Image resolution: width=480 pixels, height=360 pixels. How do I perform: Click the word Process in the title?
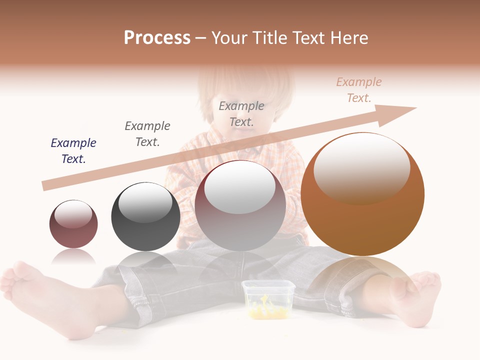pos(157,38)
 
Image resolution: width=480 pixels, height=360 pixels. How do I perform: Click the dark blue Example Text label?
pos(73,151)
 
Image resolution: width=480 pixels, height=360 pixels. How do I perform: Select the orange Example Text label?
pos(359,90)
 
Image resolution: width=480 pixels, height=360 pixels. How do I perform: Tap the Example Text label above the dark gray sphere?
pos(147,134)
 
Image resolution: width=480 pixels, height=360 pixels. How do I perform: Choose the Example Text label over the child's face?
pos(241,114)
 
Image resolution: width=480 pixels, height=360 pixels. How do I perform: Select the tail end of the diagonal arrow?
pos(46,185)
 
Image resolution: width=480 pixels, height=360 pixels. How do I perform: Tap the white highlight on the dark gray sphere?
pos(145,202)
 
